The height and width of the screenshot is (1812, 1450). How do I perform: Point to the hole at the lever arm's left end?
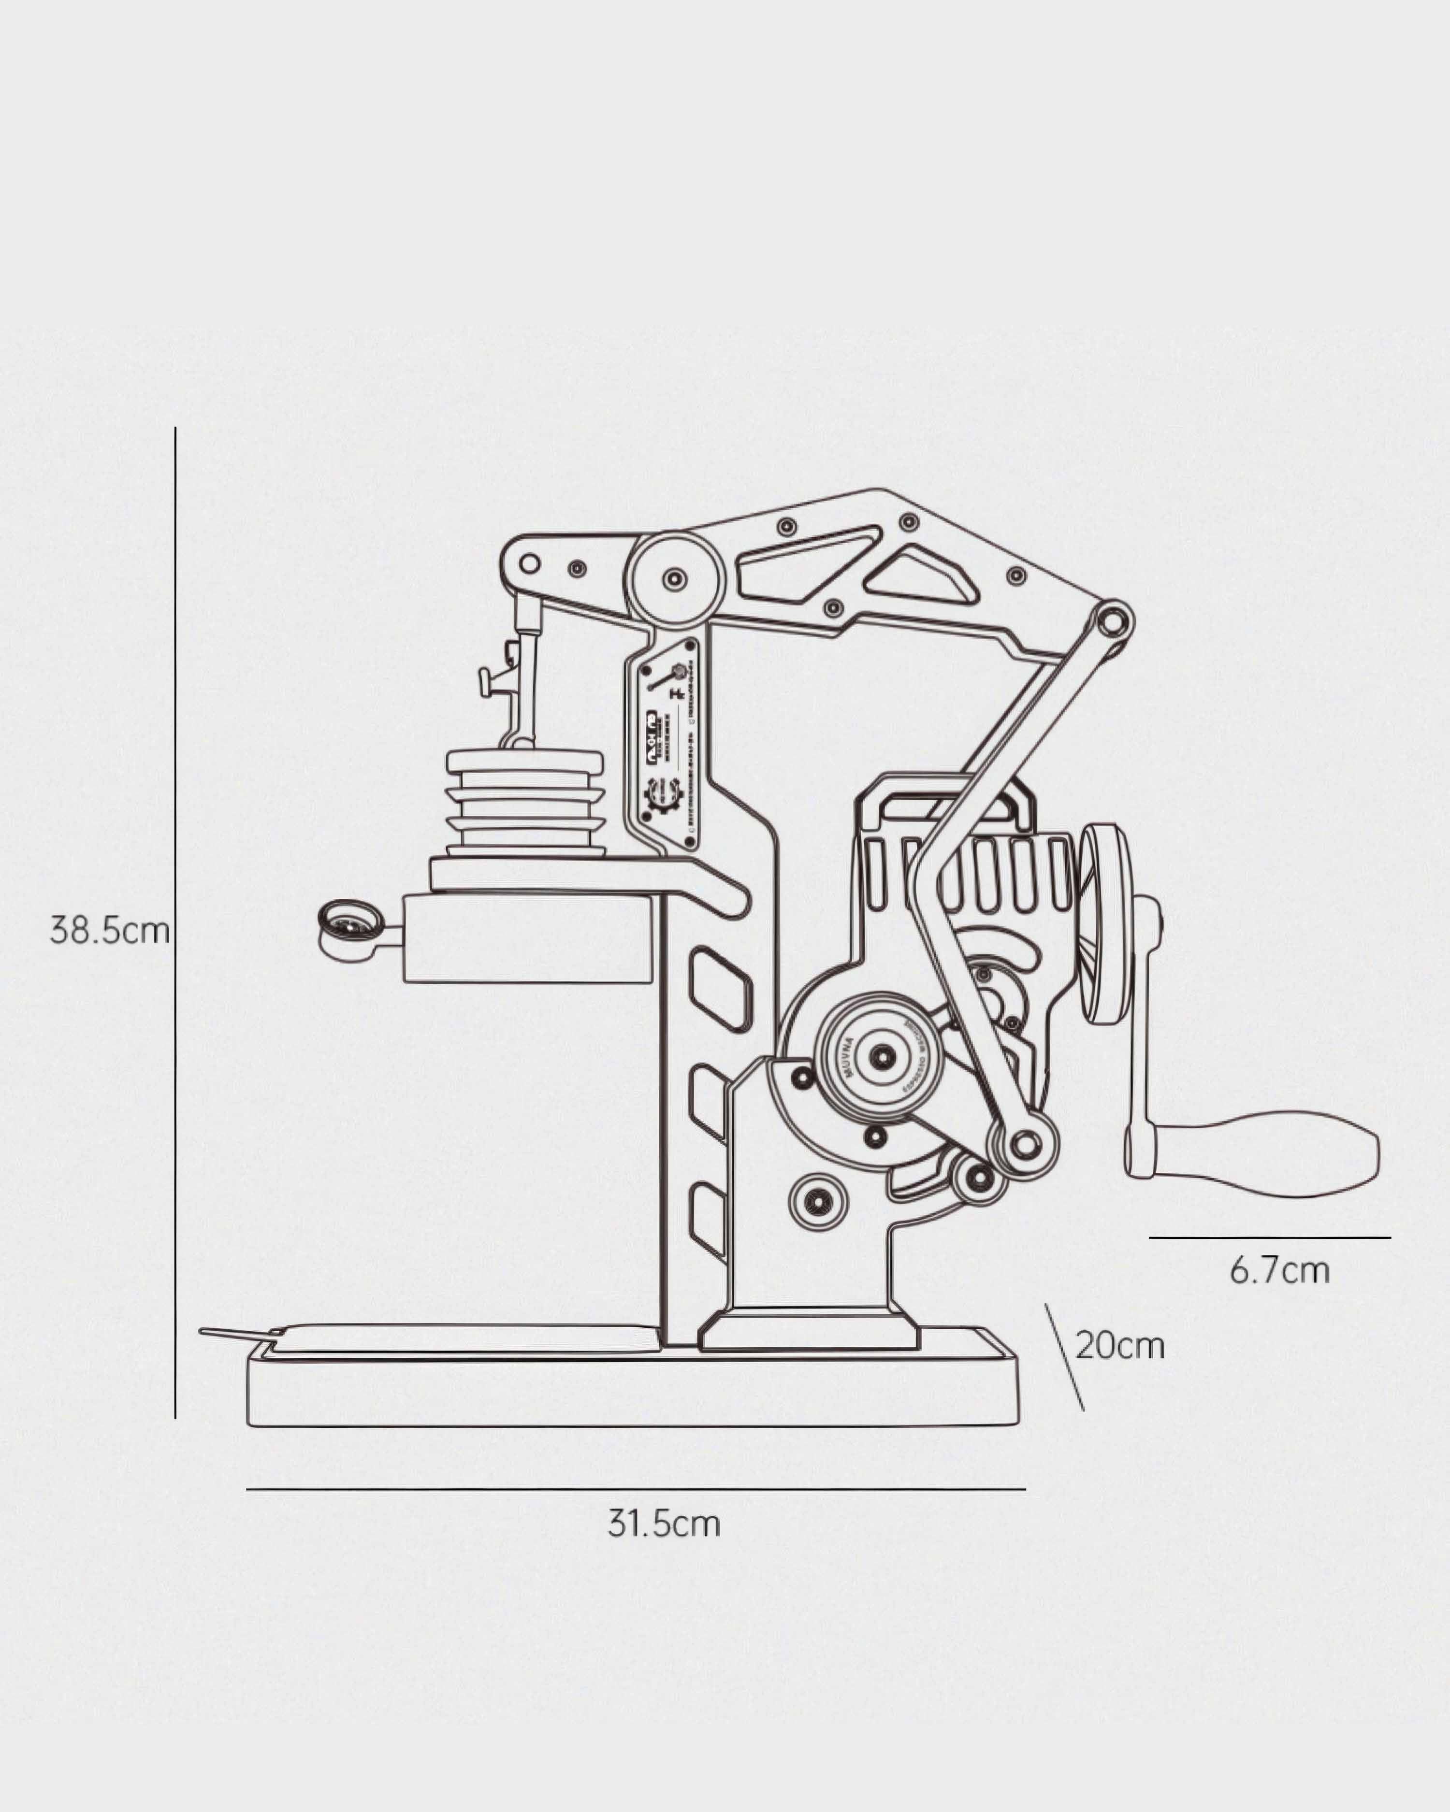point(529,563)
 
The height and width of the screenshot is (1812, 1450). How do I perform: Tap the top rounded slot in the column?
point(718,988)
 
